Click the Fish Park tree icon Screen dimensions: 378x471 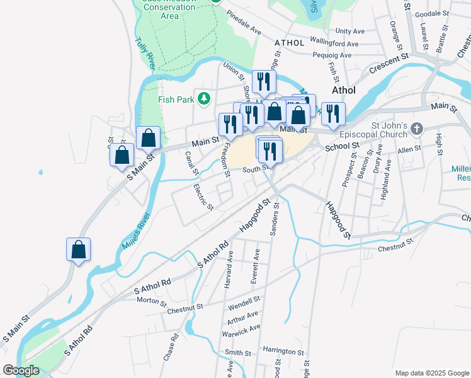coord(203,98)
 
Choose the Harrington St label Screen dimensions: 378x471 coord(283,350)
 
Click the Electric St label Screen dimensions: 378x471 coord(204,197)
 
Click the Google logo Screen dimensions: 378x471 coord(21,370)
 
